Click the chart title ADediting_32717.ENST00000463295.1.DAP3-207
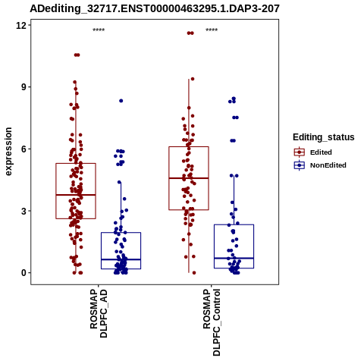click(155, 8)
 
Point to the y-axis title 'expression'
click(8, 152)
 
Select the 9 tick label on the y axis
click(24, 87)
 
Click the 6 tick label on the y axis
click(24, 149)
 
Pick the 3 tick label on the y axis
click(24, 211)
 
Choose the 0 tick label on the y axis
click(24, 273)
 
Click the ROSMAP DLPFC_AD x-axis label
click(99, 313)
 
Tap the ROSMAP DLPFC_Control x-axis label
click(212, 322)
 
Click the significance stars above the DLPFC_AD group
click(99, 30)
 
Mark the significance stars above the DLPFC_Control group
click(212, 30)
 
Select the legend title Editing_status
click(324, 137)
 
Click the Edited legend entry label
click(321, 152)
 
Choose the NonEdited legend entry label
click(328, 165)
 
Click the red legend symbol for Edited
click(300, 152)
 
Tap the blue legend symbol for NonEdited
click(300, 165)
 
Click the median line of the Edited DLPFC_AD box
click(76, 195)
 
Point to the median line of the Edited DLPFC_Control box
click(189, 178)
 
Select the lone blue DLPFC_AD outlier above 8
click(121, 101)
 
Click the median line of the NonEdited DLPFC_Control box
click(234, 258)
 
